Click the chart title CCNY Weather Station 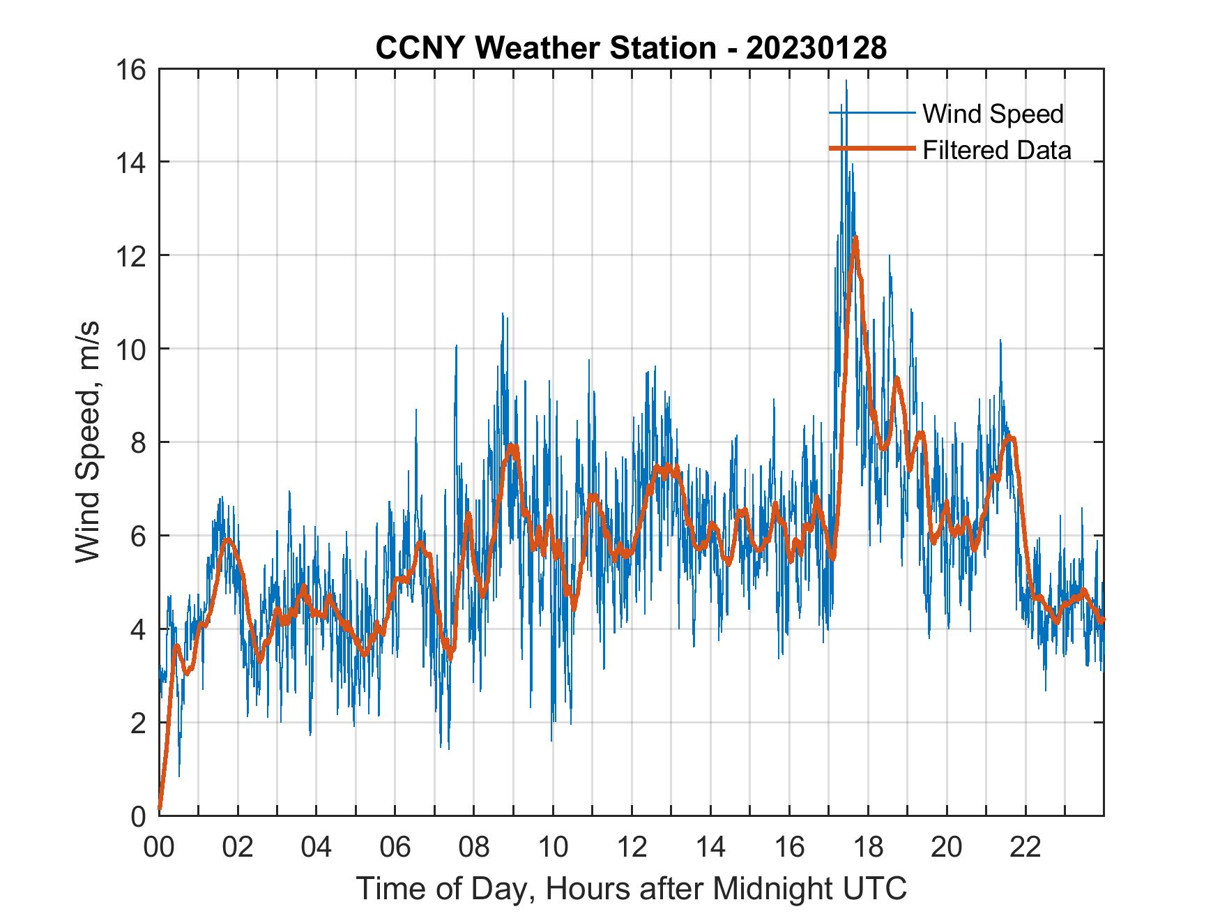(545, 47)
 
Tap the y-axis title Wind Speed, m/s (87, 442)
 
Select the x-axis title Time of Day (631, 889)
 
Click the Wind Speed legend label (993, 114)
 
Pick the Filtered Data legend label (996, 150)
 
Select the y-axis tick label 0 (138, 816)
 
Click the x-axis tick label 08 (474, 848)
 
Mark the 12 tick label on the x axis (632, 848)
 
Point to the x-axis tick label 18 (868, 848)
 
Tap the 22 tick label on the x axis (1025, 848)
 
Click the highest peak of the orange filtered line (855, 239)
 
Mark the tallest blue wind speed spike (846, 82)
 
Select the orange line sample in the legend (871, 149)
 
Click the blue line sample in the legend (871, 113)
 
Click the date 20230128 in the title (816, 47)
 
